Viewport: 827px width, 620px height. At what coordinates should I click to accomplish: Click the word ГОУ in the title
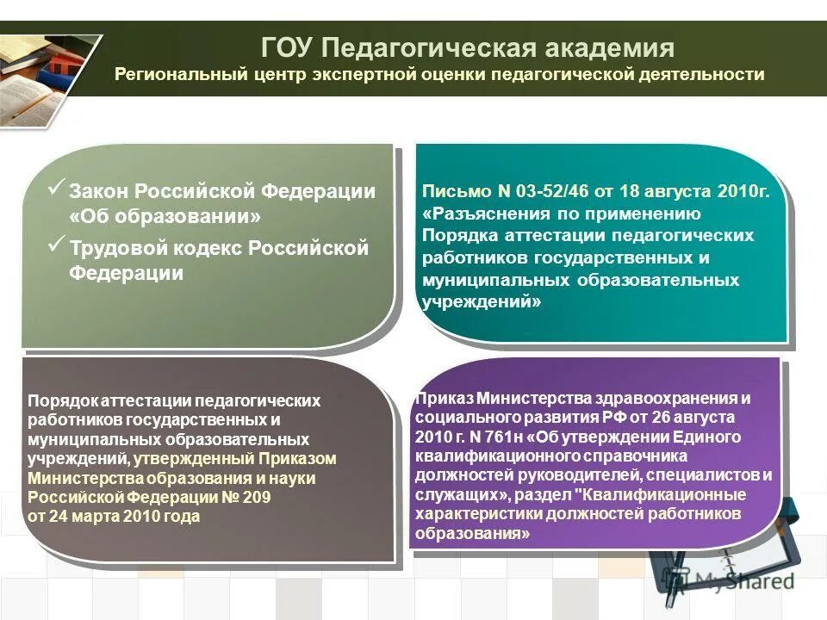[x=289, y=46]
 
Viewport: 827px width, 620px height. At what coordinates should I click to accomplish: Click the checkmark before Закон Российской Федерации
[x=56, y=189]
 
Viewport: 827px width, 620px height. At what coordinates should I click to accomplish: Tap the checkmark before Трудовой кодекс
[x=56, y=245]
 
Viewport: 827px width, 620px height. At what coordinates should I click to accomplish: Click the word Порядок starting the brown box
[x=63, y=400]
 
